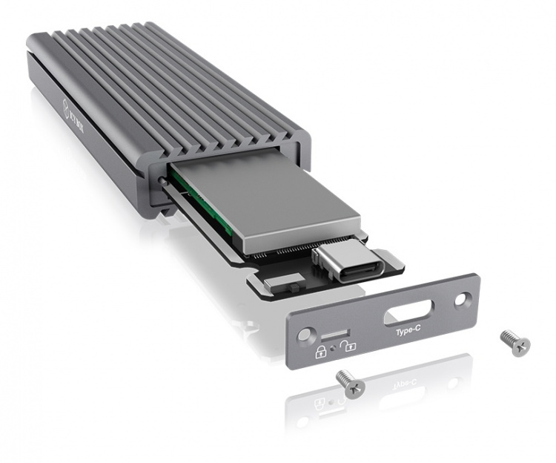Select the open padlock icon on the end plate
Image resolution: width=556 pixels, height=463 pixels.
[x=349, y=343]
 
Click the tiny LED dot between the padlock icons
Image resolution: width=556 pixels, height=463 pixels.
[x=335, y=346]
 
